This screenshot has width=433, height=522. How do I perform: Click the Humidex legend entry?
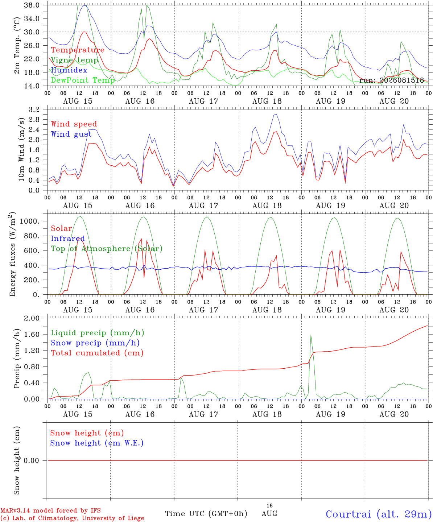(69, 70)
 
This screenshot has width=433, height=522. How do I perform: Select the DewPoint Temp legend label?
(83, 80)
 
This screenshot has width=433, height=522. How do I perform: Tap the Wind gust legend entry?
(71, 134)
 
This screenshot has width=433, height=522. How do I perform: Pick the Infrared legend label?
(68, 238)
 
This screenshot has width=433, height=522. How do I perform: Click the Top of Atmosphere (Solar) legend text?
(107, 249)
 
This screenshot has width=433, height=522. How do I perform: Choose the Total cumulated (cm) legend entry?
(97, 353)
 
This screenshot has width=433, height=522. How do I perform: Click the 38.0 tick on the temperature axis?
(32, 5)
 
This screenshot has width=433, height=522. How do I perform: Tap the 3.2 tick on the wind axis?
(34, 109)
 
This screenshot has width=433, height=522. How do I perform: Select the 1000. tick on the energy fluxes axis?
(29, 221)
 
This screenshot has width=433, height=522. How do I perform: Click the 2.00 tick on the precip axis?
(32, 318)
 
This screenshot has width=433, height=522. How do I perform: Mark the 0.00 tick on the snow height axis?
(31, 460)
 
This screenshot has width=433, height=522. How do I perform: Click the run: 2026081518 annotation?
(391, 80)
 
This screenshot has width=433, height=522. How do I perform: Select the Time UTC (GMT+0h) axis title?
(206, 514)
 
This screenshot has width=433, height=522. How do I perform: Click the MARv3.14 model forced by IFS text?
(50, 510)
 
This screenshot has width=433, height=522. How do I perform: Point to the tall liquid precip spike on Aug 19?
(311, 335)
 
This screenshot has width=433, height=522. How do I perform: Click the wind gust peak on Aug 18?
(276, 114)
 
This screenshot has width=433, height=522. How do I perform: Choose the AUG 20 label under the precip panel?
(394, 414)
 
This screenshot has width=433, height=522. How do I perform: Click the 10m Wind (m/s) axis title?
(21, 149)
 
